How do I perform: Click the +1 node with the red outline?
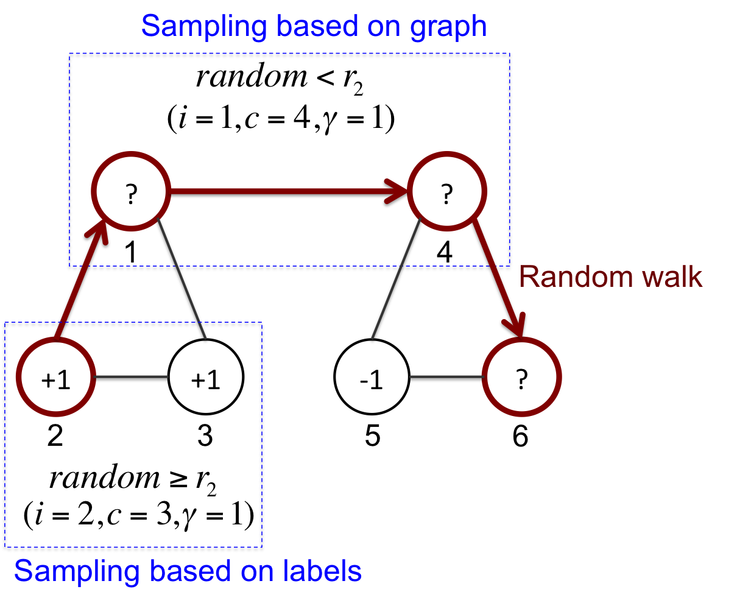(x=55, y=378)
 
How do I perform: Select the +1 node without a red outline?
(x=205, y=378)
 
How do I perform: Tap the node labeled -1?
(x=371, y=378)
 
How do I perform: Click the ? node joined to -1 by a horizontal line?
(x=521, y=378)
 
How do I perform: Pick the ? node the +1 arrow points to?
(x=130, y=192)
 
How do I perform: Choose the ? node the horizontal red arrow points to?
(x=446, y=192)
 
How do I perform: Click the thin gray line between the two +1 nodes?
(x=131, y=377)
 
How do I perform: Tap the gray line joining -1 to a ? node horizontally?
(x=446, y=377)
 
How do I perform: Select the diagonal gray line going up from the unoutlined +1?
(x=182, y=278)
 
